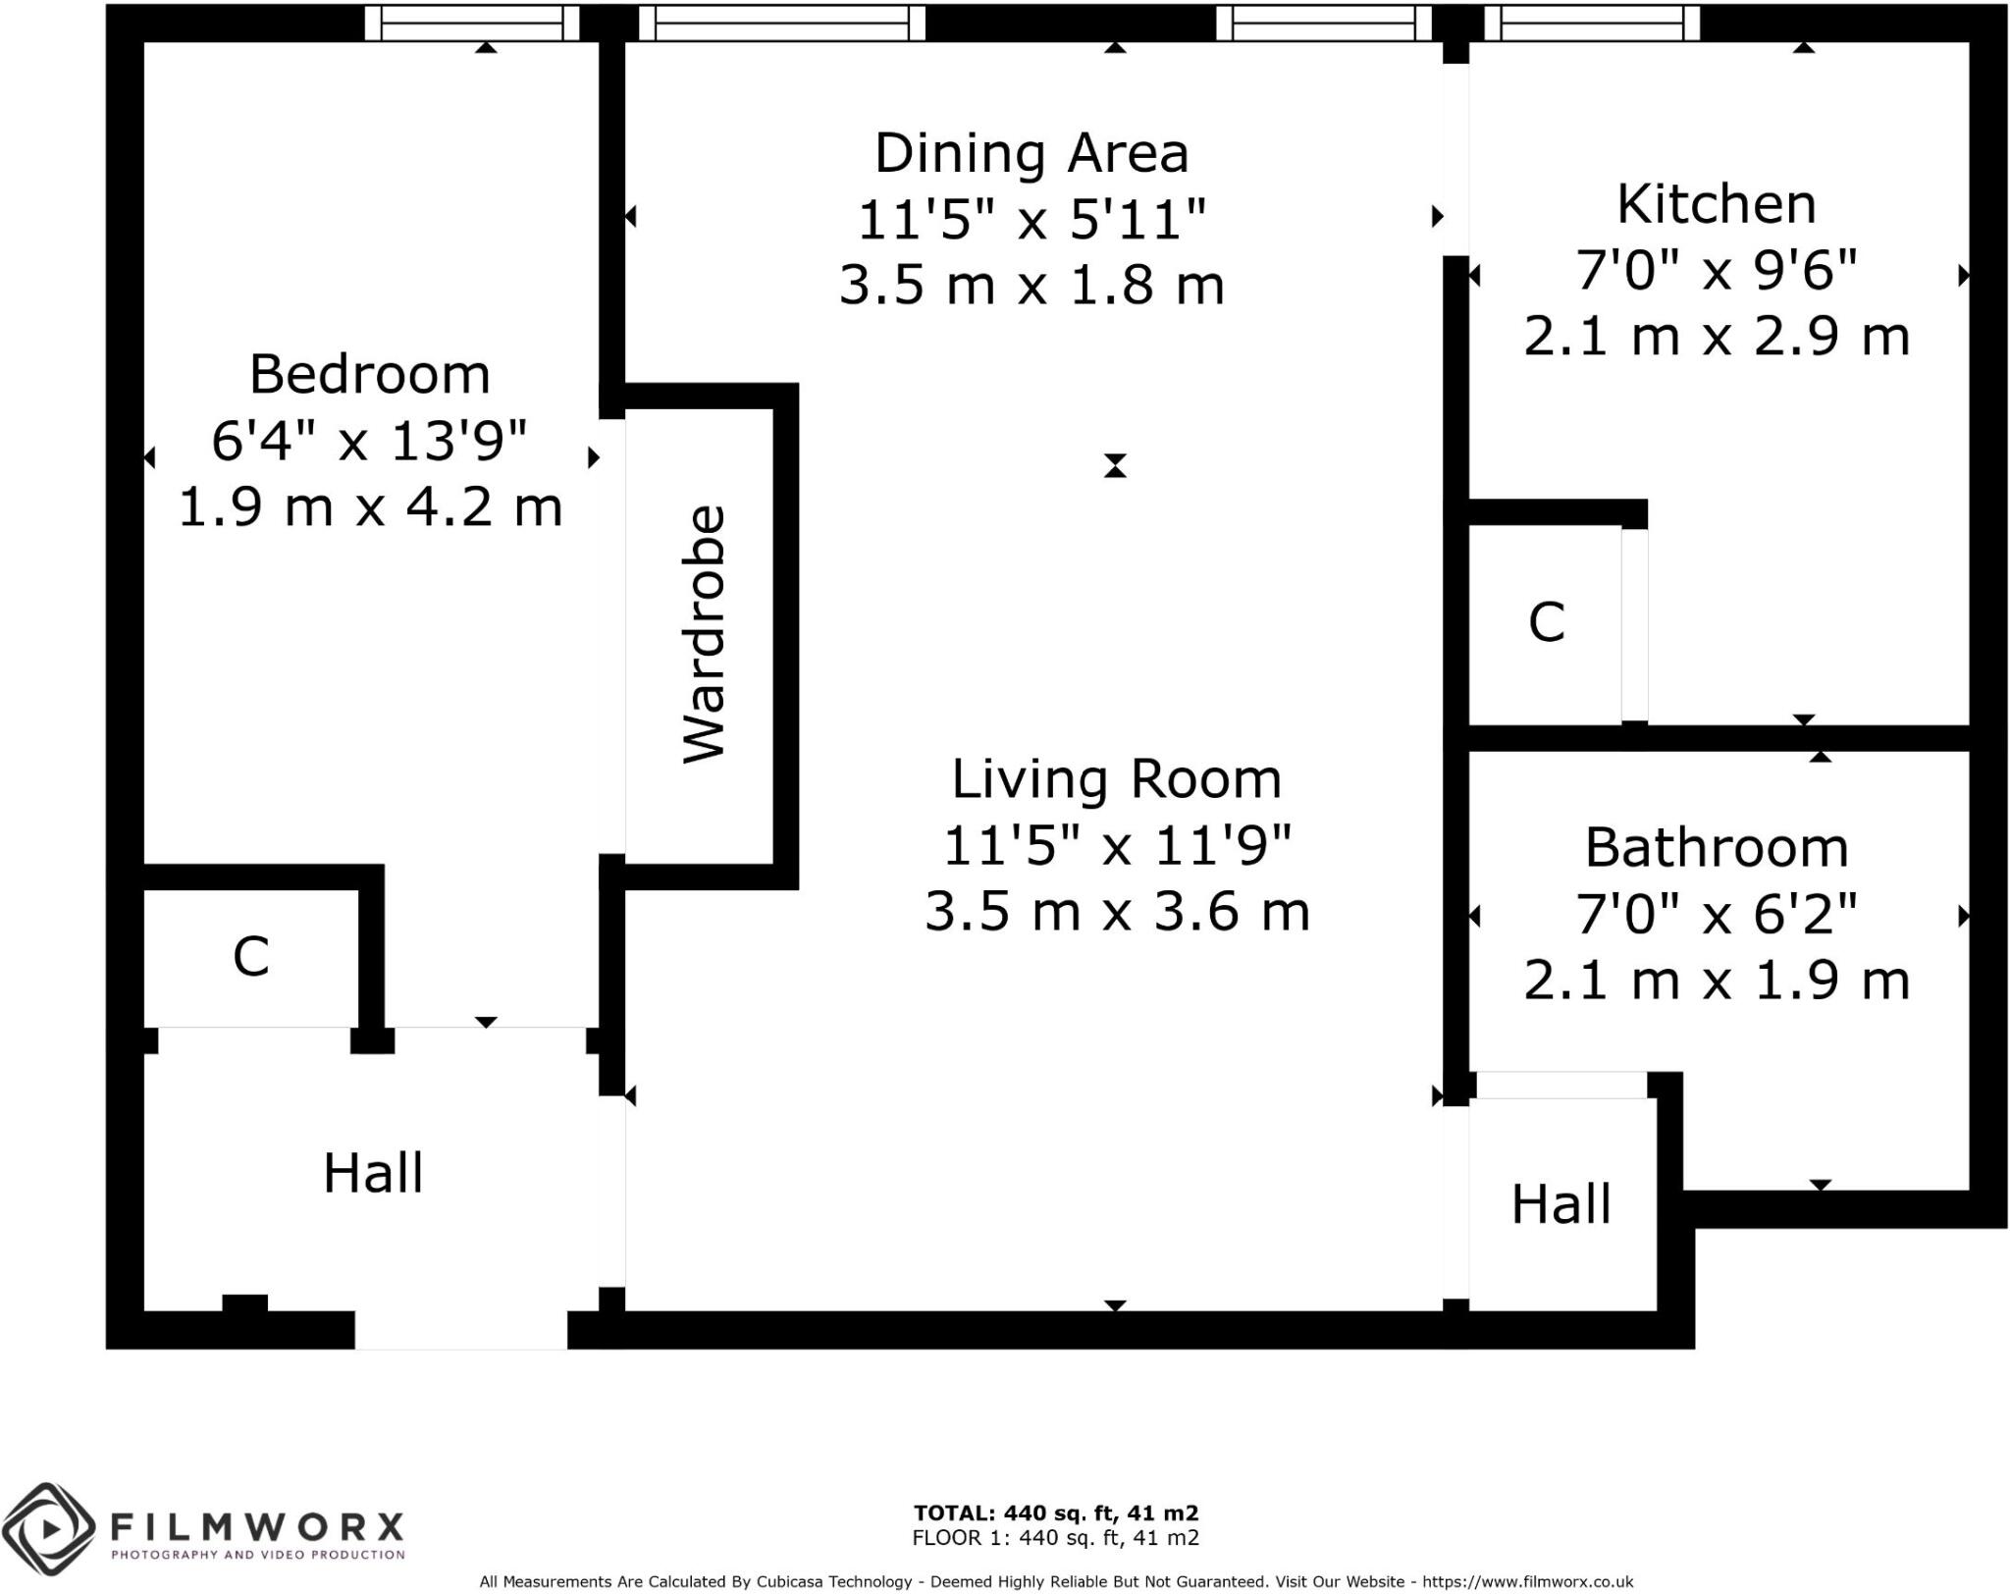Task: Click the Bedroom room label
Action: tap(369, 375)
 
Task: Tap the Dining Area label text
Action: tap(1031, 154)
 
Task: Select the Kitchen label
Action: tap(1716, 205)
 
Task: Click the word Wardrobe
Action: tap(704, 634)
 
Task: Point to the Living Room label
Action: tap(1116, 779)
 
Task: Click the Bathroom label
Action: tap(1716, 848)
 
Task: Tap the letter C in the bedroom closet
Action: tap(250, 956)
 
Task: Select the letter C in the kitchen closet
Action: tap(1546, 622)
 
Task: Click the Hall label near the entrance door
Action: tap(373, 1174)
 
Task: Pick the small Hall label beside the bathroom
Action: tap(1560, 1204)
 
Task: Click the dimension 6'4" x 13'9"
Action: tap(369, 441)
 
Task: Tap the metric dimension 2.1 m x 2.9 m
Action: tap(1716, 337)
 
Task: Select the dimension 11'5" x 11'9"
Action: tap(1116, 845)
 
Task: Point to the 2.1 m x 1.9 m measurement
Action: tap(1716, 981)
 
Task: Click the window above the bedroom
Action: tap(471, 24)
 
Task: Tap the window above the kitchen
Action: tap(1591, 24)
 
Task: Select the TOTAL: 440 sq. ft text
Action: tap(1055, 1514)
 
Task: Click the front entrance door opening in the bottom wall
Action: tap(460, 1330)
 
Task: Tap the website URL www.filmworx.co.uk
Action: tap(1525, 1581)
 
